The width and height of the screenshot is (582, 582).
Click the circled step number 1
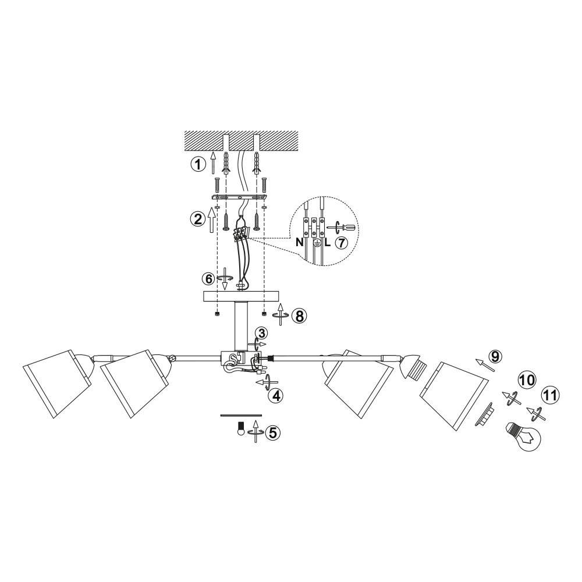click(198, 164)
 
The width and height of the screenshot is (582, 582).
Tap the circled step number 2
click(197, 219)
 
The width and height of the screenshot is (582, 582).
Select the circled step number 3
click(262, 333)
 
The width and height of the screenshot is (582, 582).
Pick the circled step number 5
click(273, 432)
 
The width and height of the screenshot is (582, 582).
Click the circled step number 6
click(209, 279)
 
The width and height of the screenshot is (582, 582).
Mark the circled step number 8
click(299, 316)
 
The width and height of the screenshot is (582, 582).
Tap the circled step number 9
click(495, 357)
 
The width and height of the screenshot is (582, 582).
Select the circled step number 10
click(528, 381)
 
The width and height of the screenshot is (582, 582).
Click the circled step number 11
click(551, 396)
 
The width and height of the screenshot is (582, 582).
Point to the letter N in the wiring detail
click(299, 243)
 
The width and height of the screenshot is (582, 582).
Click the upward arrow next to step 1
click(213, 163)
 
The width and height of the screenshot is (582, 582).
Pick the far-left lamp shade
click(58, 384)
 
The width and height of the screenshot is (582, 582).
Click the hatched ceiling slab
click(242, 140)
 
